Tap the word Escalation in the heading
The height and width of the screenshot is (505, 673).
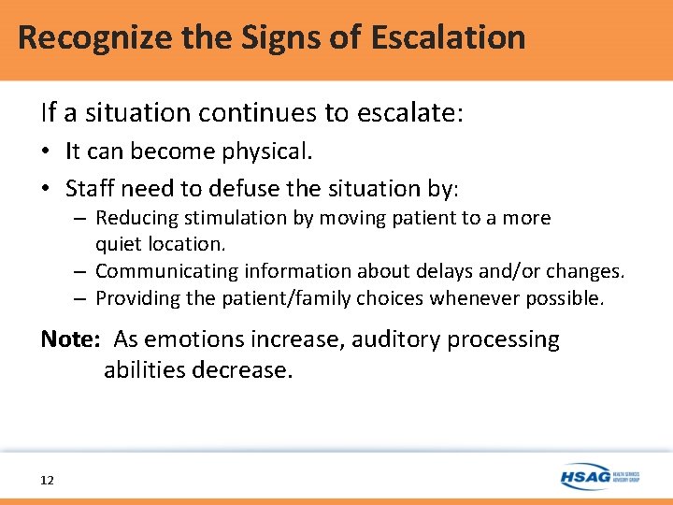(448, 38)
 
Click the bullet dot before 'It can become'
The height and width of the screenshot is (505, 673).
(48, 152)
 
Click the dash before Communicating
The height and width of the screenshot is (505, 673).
(81, 271)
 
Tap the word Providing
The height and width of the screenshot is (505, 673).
(134, 298)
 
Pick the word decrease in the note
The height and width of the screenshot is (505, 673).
(242, 369)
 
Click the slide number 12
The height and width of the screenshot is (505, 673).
(48, 481)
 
